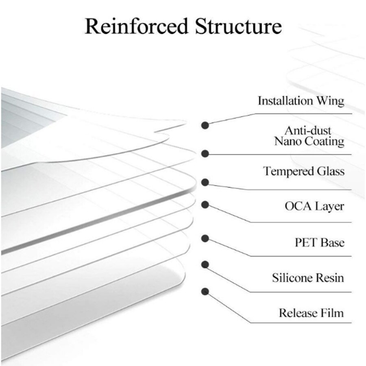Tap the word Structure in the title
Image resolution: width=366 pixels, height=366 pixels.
[x=238, y=26]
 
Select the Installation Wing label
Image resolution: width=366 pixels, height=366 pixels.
[x=301, y=100]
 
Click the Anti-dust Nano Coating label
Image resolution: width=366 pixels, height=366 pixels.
[x=309, y=136]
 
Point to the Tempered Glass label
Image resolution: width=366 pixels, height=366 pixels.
[x=303, y=171]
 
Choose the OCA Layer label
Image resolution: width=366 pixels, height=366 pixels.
[x=314, y=206]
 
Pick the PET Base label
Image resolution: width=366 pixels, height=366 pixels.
[x=319, y=243]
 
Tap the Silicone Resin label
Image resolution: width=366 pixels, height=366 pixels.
[x=308, y=278]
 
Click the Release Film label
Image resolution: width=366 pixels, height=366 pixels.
[x=311, y=313]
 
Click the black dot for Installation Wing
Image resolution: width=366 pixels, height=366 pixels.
[x=206, y=125]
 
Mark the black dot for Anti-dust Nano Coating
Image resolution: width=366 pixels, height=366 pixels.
[x=206, y=154]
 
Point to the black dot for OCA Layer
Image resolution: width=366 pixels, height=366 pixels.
[x=206, y=205]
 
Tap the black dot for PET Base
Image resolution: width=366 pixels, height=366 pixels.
[x=206, y=238]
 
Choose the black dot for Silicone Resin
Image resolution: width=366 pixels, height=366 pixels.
[x=206, y=264]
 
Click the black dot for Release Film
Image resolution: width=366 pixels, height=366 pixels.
[x=206, y=291]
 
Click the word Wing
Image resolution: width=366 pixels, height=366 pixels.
[x=330, y=101]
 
